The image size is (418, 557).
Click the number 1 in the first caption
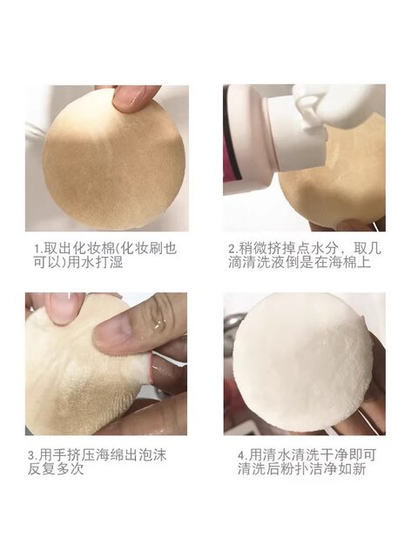click(x=37, y=248)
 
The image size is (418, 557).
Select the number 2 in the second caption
click(x=232, y=248)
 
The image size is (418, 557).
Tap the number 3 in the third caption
click(x=31, y=455)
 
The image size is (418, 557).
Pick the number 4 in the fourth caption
click(x=241, y=455)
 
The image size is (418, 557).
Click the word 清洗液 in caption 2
click(x=263, y=262)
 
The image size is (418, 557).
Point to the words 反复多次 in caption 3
click(x=56, y=469)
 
